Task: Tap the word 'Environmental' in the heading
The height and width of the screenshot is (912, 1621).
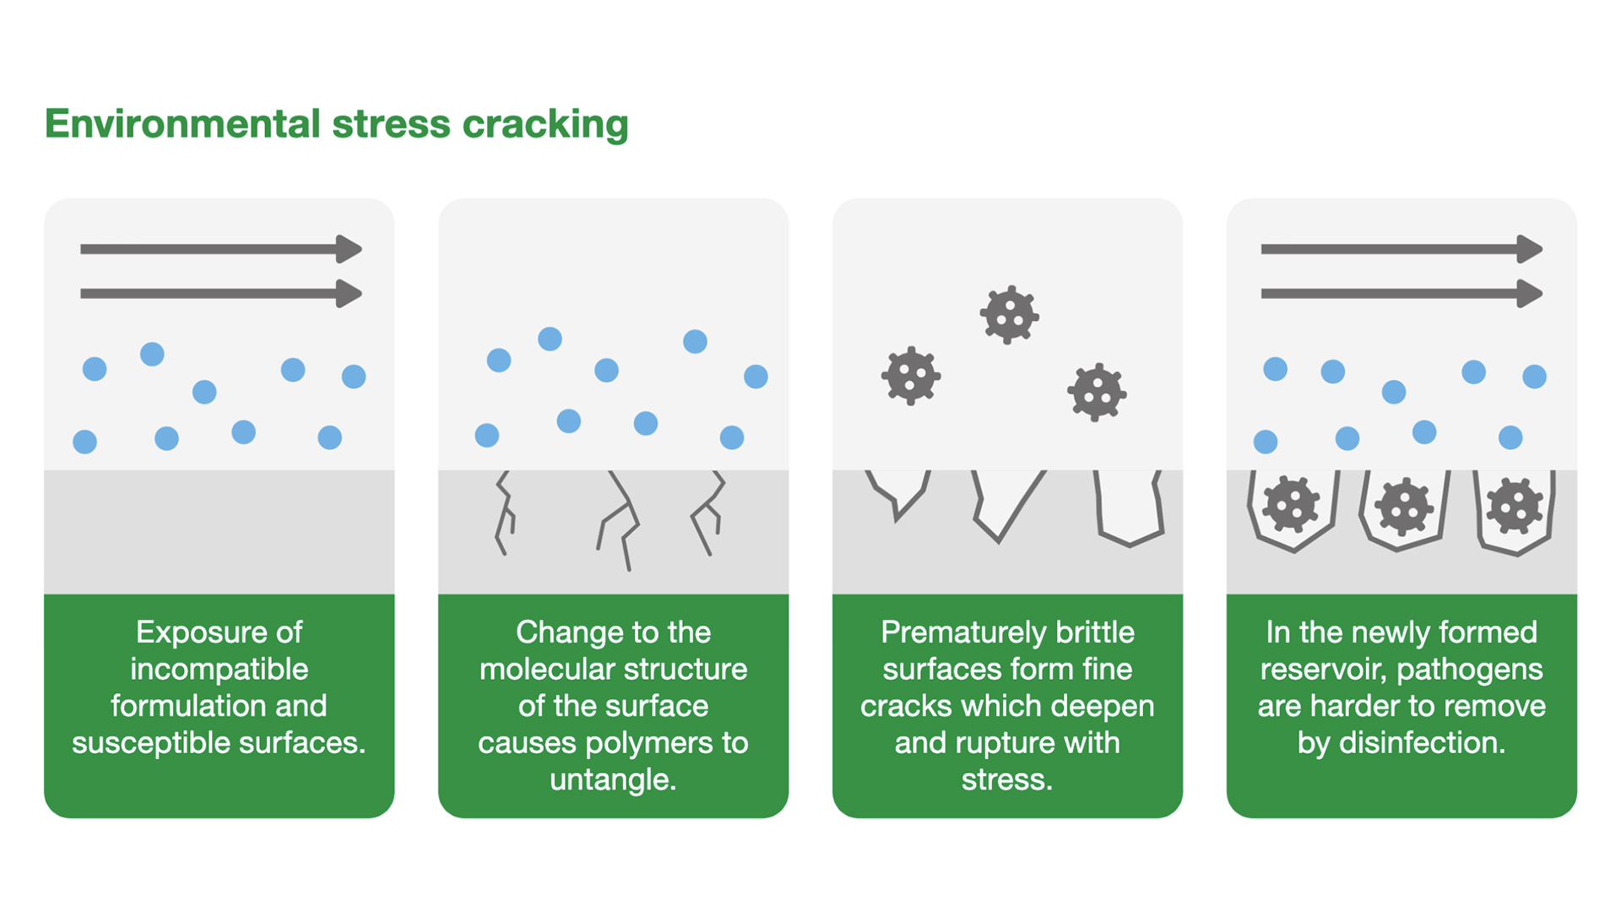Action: click(182, 124)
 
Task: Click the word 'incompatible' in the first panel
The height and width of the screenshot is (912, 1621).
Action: click(219, 669)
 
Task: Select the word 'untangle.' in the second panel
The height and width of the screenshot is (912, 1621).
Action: click(613, 779)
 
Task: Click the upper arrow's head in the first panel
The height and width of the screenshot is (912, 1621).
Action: click(349, 249)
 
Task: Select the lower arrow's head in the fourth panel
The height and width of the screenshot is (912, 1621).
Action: click(1529, 294)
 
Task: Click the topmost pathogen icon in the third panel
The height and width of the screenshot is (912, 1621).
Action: click(1009, 315)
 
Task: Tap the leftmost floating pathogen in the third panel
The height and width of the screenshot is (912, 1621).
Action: click(911, 376)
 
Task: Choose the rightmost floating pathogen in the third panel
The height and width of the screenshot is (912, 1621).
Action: click(1097, 392)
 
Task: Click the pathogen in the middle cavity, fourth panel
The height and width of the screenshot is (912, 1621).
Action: click(1404, 507)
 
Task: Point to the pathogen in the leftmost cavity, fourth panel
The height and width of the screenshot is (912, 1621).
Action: click(1291, 505)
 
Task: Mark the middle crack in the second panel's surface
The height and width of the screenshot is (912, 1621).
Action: click(621, 519)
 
